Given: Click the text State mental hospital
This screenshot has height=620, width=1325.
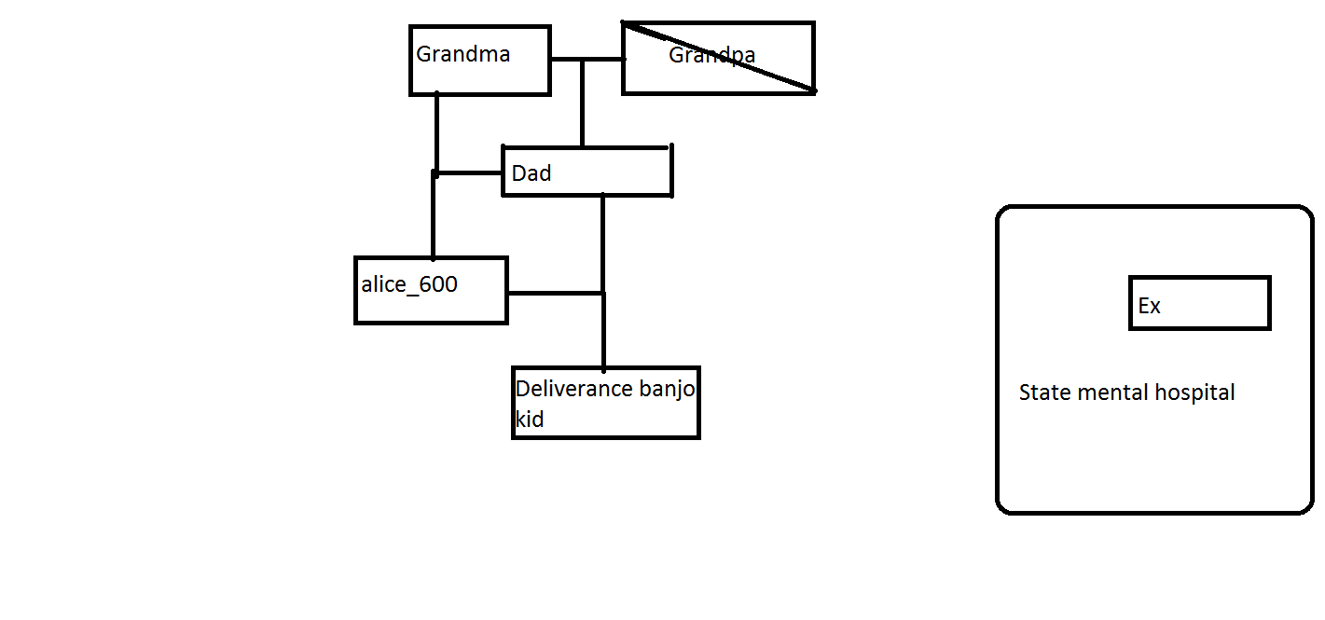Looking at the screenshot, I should (1126, 393).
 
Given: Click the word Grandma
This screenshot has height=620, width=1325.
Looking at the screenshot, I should (462, 54).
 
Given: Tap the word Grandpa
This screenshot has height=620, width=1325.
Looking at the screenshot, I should (711, 55).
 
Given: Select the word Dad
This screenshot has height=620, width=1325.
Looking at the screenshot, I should (531, 173).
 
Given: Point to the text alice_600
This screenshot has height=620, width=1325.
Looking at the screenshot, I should (409, 284).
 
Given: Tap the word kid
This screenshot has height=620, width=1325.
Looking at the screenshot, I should (530, 420).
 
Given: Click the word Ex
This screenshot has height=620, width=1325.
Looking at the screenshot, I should (1149, 306).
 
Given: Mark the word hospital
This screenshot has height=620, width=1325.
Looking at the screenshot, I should (1194, 393).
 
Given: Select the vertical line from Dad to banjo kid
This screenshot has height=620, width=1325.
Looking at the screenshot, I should (603, 326).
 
